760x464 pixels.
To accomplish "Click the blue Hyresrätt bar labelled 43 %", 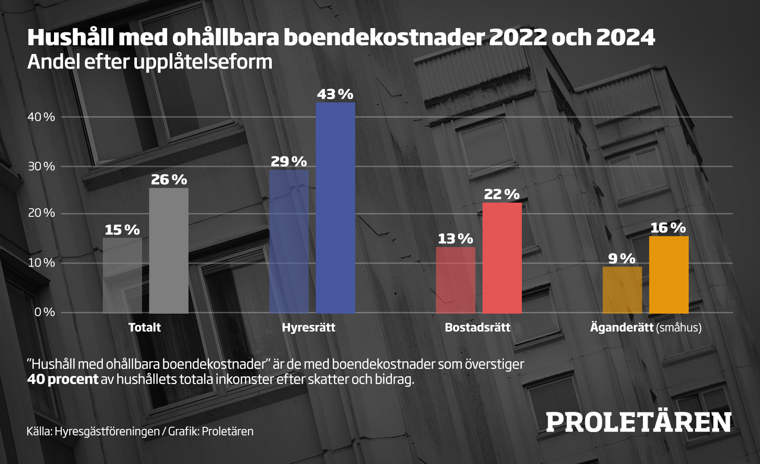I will pyautogui.click(x=335, y=207).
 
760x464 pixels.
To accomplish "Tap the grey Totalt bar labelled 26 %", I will pyautogui.click(x=169, y=250).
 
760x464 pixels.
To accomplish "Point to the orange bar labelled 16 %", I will pyautogui.click(x=669, y=274).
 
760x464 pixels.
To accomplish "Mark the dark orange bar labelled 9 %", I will pyautogui.click(x=622, y=290).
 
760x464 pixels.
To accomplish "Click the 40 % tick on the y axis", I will pyautogui.click(x=41, y=117).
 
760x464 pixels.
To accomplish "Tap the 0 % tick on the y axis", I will pyautogui.click(x=45, y=312).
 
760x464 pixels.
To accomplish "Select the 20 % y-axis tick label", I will pyautogui.click(x=41, y=213).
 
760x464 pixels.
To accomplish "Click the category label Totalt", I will pyautogui.click(x=145, y=327).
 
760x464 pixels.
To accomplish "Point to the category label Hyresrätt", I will pyautogui.click(x=308, y=327).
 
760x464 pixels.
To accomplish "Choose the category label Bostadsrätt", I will pyautogui.click(x=477, y=327).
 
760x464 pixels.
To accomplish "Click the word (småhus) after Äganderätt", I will pyautogui.click(x=679, y=327).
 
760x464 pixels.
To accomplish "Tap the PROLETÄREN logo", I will pyautogui.click(x=639, y=422).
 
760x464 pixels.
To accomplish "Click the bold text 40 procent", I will pyautogui.click(x=63, y=379).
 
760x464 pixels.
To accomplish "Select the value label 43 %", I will pyautogui.click(x=335, y=95).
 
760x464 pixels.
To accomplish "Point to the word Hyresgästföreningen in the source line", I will pyautogui.click(x=107, y=431).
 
